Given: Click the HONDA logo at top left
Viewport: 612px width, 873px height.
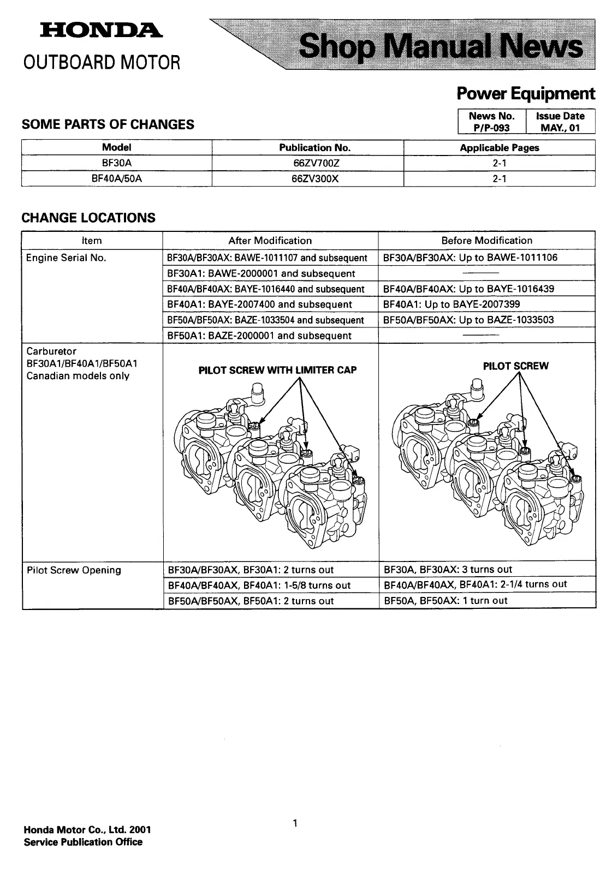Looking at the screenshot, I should point(100,32).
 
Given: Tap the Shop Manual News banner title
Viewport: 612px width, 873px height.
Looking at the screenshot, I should point(441,47).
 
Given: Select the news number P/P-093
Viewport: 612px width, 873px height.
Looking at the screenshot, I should point(491,128).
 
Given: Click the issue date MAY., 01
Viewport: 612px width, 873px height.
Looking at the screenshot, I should point(560,128).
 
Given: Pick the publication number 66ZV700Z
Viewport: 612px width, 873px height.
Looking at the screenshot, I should point(307,163).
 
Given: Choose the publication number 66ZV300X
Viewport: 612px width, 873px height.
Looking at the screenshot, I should point(307,178).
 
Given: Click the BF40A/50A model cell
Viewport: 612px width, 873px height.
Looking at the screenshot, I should point(117,178).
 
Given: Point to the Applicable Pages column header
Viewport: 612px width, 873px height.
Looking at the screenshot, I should point(499,147).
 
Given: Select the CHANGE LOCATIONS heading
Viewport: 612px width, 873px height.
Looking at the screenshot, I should point(88,218).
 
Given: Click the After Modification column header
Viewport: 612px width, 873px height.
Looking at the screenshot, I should point(270,241).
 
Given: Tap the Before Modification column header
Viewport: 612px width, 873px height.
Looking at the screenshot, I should point(486,241).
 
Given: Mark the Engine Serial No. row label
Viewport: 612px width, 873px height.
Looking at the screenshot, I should point(66,258).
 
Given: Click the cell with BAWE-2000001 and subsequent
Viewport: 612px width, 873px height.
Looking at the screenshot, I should point(261,273).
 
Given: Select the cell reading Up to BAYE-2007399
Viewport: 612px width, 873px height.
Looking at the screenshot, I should point(451,304).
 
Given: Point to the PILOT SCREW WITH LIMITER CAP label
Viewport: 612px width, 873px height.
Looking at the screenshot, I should point(277,370).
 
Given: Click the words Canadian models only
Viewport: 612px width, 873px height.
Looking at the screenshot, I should point(78,375).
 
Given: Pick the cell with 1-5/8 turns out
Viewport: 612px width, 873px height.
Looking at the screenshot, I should point(259,585).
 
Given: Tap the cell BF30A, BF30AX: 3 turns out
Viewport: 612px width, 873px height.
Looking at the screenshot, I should point(448,570).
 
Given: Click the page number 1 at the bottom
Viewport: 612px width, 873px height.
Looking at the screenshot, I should point(295,823).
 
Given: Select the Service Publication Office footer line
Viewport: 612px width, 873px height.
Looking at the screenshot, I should point(83,842).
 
